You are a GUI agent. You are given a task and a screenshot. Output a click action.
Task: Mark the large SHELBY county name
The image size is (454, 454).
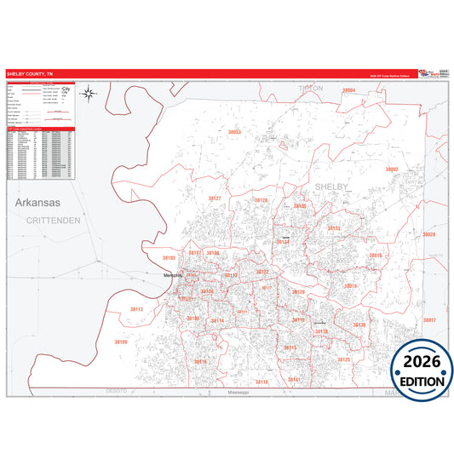[332, 185]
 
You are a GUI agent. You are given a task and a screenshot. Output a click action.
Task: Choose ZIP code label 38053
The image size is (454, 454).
[235, 132]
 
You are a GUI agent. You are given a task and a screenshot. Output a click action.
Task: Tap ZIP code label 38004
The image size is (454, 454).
[348, 89]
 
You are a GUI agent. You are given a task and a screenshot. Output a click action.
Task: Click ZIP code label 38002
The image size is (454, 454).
[392, 169]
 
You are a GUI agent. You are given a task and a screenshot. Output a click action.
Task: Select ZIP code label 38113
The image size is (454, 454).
[137, 309]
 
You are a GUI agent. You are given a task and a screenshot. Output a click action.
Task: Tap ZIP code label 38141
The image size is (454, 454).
[294, 379]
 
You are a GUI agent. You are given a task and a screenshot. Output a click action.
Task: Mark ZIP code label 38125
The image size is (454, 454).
[344, 359]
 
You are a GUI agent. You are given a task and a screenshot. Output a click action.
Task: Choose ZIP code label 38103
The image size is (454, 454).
[169, 257]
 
